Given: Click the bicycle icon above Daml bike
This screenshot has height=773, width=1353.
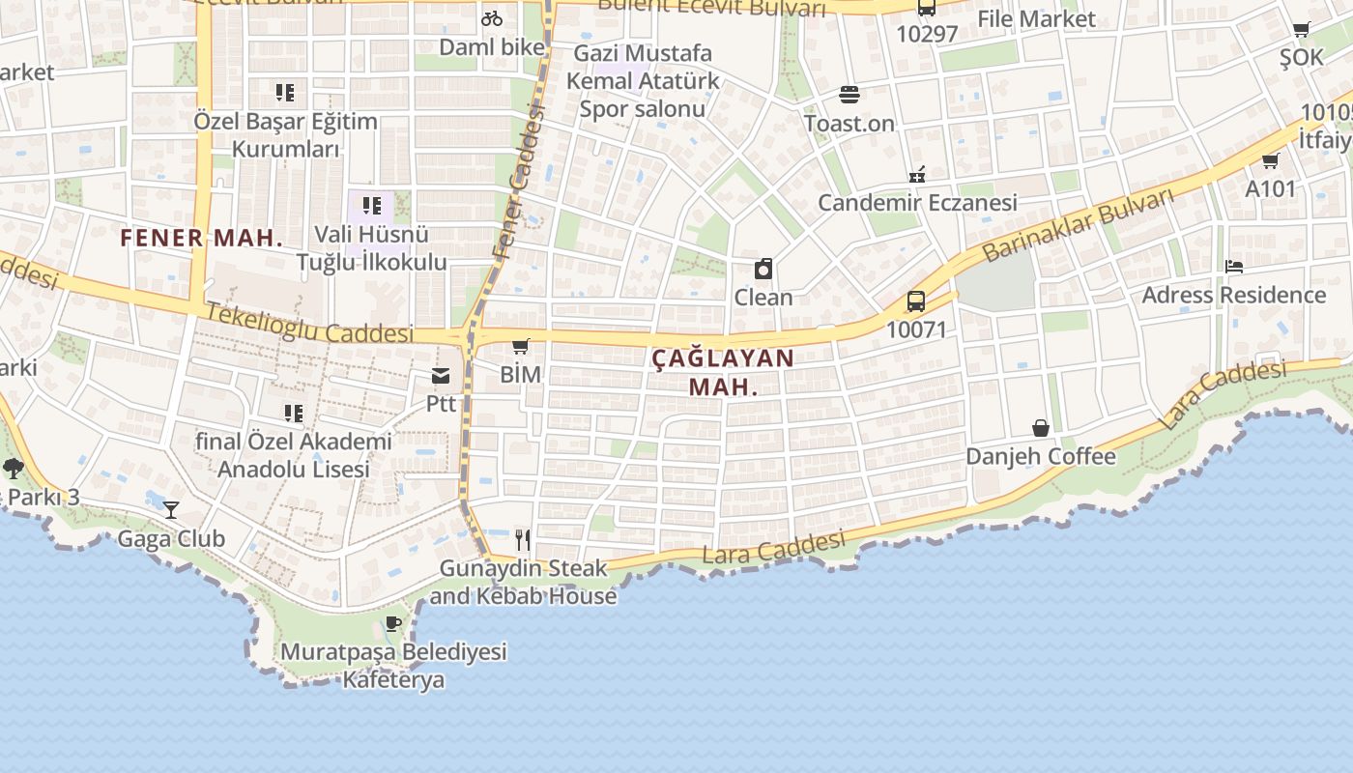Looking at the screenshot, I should [x=492, y=17].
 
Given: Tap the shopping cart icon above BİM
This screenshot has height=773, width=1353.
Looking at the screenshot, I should [x=521, y=346].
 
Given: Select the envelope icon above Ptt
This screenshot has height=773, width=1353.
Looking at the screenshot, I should [x=441, y=376].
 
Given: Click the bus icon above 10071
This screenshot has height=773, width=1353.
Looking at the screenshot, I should [x=916, y=301].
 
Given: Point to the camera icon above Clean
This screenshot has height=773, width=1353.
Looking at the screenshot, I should [x=763, y=269].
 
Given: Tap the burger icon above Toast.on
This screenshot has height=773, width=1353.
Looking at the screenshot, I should [x=849, y=95].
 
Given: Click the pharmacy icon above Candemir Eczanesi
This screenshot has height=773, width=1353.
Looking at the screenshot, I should [x=917, y=175].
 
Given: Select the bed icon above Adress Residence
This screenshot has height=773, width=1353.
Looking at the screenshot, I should [x=1233, y=267].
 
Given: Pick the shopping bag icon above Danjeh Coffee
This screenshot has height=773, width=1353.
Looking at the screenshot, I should [x=1041, y=427].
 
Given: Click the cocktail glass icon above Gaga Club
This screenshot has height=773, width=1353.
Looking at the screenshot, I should [x=171, y=509].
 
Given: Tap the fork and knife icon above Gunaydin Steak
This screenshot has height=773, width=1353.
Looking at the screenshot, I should [x=523, y=539].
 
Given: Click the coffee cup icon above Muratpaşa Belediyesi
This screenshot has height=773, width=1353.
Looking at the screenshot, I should [x=392, y=622].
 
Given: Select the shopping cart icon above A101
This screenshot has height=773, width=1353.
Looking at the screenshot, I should [x=1270, y=160].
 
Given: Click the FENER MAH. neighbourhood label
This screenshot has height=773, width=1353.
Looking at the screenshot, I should [x=202, y=238].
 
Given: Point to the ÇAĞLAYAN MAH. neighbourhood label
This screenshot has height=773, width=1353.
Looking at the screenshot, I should [x=723, y=372].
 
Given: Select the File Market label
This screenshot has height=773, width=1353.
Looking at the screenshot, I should [x=1036, y=18].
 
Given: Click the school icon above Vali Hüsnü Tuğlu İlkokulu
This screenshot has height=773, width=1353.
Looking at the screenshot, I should [x=372, y=206].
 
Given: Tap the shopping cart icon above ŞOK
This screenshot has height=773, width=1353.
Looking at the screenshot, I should [x=1302, y=30].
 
